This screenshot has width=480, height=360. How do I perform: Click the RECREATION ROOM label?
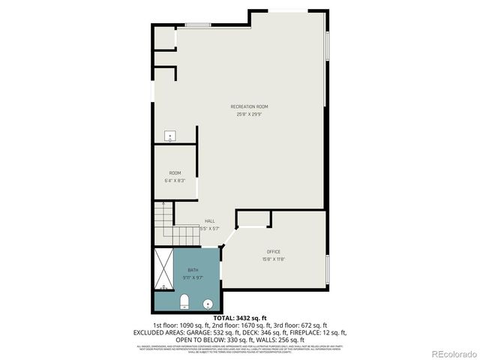point(249,106)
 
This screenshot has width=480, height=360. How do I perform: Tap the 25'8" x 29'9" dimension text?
point(249,114)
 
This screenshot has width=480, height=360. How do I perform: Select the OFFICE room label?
point(273,251)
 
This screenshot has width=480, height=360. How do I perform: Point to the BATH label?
point(193,270)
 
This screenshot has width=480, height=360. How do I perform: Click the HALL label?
point(210,221)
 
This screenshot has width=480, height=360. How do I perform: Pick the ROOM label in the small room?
point(175,173)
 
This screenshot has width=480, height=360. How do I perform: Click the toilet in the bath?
point(184,302)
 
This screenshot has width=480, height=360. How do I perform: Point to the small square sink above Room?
point(170,136)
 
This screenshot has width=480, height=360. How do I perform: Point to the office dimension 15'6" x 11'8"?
point(273,259)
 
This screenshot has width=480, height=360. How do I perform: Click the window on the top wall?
point(197,26)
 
